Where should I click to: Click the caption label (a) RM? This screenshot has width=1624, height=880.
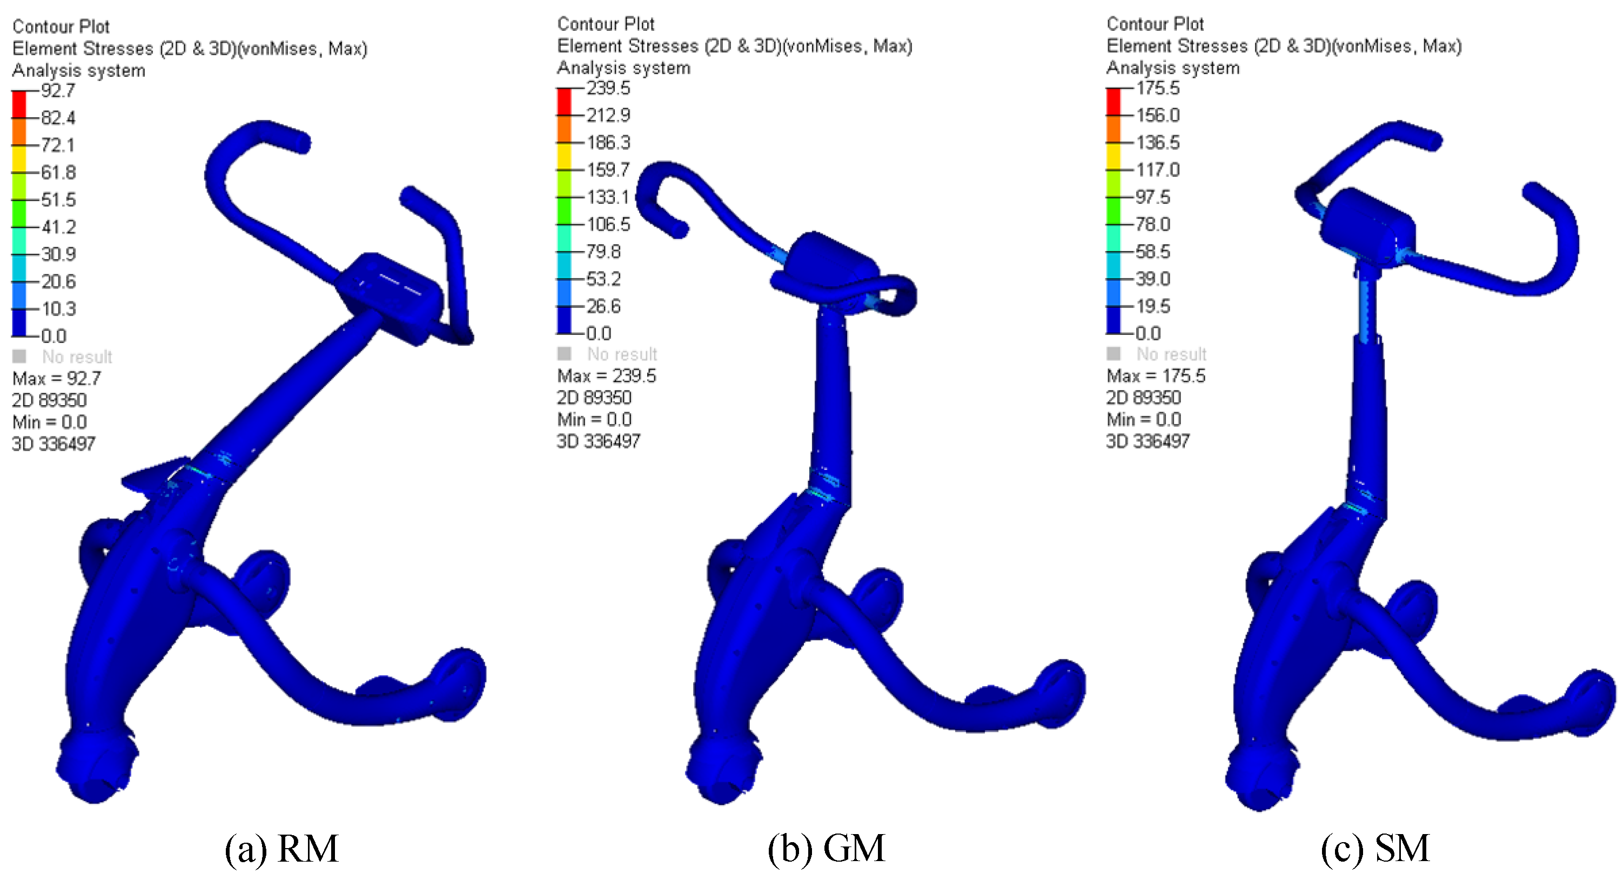[x=281, y=849]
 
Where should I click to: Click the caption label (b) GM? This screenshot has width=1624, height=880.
[x=826, y=849]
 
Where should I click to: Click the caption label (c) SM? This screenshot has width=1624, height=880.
[x=1375, y=849]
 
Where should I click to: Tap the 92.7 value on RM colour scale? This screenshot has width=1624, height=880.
[x=58, y=91]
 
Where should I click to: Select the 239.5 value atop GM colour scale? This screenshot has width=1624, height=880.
[x=608, y=88]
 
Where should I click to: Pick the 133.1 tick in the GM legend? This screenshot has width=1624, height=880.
[x=608, y=197]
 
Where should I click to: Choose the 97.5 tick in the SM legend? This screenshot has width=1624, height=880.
[x=1152, y=197]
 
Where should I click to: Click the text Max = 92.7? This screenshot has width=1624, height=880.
[x=57, y=379]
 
